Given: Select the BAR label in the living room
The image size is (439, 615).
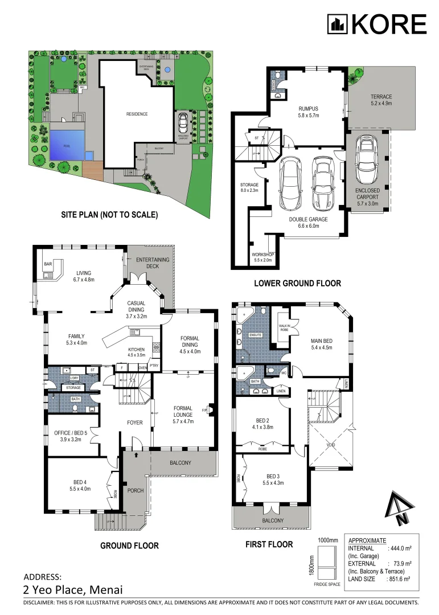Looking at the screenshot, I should tap(48, 264).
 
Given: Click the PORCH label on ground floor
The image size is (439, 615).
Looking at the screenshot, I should tap(135, 491).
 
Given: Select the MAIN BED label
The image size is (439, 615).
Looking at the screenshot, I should tap(322, 343).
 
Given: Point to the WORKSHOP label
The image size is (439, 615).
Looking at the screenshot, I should tap(262, 257).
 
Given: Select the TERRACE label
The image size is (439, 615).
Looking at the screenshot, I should tap(381, 100).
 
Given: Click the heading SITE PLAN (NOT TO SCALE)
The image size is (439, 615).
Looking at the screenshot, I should tap(109, 215).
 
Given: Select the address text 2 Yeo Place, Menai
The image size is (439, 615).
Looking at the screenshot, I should tap(73, 590).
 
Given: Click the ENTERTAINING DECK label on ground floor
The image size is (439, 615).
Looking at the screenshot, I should tap(151, 263).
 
